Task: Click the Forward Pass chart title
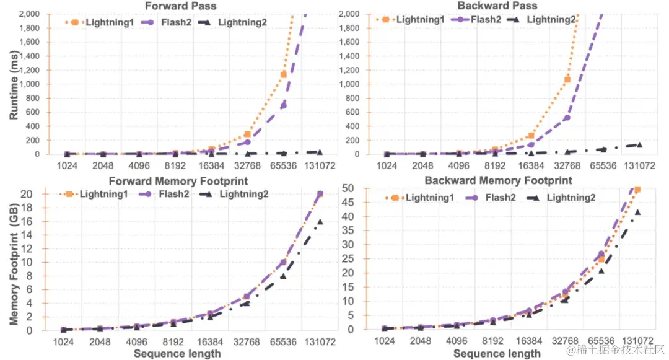pos(175,6)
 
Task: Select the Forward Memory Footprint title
pos(178,182)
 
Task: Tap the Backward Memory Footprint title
pos(499,180)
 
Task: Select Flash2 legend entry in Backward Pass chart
pos(476,19)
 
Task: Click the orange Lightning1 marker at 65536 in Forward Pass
pos(284,74)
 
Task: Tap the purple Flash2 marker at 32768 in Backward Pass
pos(567,118)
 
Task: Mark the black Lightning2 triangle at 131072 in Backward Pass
pos(639,145)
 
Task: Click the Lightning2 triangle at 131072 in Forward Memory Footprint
pos(320,221)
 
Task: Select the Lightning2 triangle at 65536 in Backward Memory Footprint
pos(601,271)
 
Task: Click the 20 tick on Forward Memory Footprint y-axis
pos(35,194)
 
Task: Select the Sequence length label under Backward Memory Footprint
pos(497,354)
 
